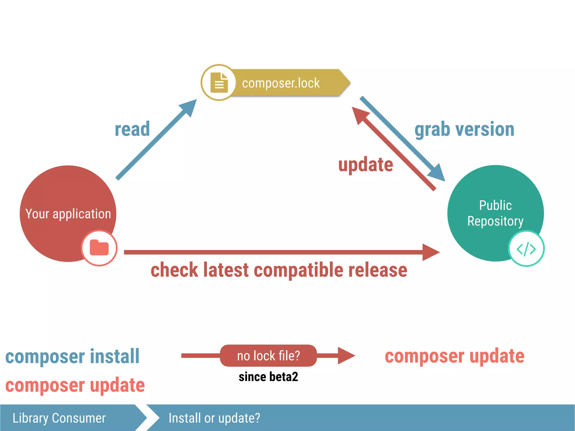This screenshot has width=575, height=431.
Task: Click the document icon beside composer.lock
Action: (219, 82)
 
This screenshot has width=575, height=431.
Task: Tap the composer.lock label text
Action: (281, 83)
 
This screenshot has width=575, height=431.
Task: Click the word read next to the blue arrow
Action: (132, 129)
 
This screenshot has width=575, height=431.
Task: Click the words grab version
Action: (464, 129)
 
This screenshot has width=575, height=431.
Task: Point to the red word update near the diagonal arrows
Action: (366, 165)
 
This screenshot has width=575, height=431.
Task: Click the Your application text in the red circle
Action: (68, 214)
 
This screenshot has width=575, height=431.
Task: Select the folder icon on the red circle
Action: (99, 248)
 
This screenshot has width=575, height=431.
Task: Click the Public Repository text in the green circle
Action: (495, 213)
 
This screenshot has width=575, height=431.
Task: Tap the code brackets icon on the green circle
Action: (526, 249)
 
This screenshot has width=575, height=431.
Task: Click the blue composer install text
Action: (72, 356)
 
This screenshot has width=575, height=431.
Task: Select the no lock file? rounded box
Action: (268, 356)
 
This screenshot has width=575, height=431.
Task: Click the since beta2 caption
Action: (268, 377)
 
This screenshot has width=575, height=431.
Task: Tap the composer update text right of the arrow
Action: (454, 356)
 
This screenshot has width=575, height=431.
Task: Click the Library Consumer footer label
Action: (59, 418)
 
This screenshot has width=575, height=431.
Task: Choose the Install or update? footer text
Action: (214, 418)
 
